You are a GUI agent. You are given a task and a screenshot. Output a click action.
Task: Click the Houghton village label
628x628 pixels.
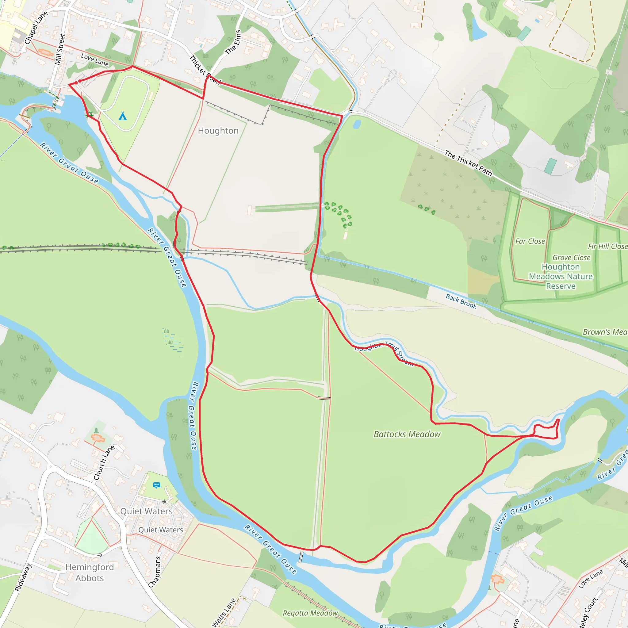(x=218, y=131)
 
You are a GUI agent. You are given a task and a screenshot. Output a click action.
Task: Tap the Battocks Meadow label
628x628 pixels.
(x=407, y=434)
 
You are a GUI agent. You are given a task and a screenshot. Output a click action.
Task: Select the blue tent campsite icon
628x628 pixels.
(x=123, y=116)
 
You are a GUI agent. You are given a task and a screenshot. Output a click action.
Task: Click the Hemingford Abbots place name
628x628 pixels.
(x=90, y=572)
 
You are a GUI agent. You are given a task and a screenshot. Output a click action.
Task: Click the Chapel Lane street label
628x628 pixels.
(x=36, y=28)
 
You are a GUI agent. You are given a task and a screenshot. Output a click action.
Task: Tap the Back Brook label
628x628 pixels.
(x=461, y=301)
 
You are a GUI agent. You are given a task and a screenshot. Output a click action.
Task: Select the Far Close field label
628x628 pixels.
(x=530, y=241)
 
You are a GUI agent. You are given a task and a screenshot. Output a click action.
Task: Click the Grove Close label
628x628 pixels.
(x=572, y=258)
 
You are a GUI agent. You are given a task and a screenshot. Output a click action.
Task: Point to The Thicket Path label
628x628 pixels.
(x=468, y=163)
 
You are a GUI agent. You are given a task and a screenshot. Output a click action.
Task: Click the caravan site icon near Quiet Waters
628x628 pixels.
(x=157, y=485)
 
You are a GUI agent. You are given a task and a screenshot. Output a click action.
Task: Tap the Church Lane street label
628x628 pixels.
(x=104, y=462)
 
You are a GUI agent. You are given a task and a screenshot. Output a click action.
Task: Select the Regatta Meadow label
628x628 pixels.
(x=310, y=613)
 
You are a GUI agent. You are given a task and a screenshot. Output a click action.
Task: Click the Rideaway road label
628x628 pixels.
(x=23, y=577)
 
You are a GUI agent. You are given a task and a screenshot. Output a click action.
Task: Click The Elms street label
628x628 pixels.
(x=233, y=42)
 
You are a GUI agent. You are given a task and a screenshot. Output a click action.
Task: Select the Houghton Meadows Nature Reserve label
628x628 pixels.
(x=561, y=276)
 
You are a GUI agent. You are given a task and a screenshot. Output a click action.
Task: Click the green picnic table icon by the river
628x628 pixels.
(x=90, y=114)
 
